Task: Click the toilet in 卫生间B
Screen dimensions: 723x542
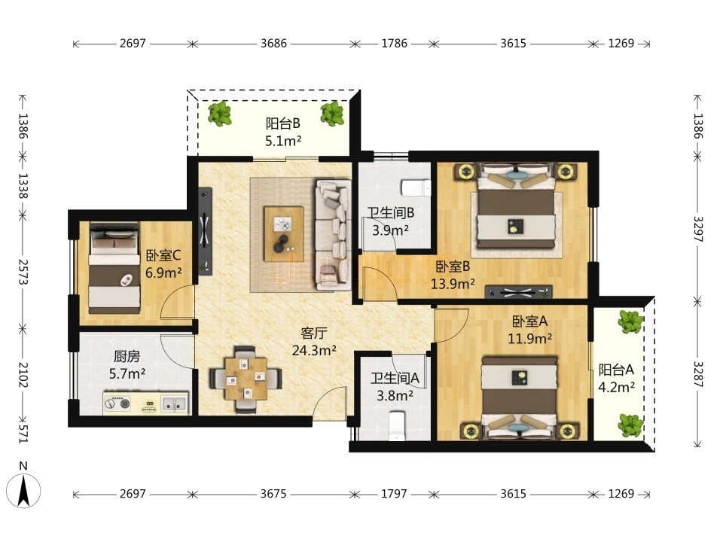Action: pos(416,187)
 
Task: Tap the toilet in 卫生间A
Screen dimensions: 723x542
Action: pos(396,425)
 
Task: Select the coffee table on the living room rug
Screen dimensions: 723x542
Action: pos(284,233)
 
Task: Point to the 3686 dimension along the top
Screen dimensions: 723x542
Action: pos(273,44)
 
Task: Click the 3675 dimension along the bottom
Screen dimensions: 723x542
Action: pos(273,494)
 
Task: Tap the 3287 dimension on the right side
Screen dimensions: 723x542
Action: pos(697,374)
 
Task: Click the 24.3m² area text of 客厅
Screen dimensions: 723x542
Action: pos(314,350)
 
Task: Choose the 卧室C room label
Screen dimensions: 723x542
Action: pos(163,255)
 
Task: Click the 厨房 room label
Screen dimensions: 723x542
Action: pos(127,356)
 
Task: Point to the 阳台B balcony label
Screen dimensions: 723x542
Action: pos(282,123)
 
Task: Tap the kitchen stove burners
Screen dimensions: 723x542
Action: pos(117,403)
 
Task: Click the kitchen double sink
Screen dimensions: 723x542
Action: pos(174,403)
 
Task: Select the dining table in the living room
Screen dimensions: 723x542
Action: pos(246,379)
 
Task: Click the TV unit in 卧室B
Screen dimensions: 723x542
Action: pos(518,292)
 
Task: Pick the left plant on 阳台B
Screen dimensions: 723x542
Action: pos(219,114)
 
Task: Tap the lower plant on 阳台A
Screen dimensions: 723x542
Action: pos(631,425)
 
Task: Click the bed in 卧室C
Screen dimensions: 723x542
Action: pos(114,268)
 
